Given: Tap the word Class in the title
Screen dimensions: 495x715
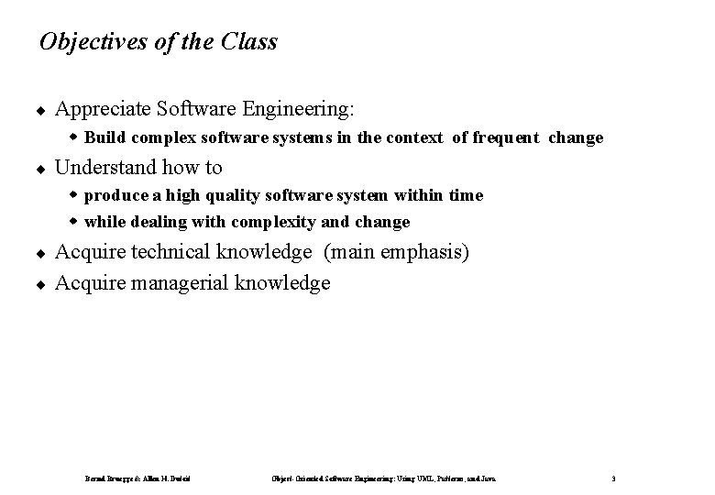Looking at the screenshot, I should coord(248,42).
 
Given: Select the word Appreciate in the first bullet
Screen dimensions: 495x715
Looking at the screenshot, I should coord(100,110).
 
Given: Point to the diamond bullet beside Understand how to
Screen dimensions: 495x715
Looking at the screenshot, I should coord(42,169).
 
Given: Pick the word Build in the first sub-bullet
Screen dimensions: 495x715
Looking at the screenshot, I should coord(104,138).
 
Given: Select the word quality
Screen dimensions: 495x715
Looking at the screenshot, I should coord(221,195).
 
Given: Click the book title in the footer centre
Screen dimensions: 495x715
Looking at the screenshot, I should coord(384,478).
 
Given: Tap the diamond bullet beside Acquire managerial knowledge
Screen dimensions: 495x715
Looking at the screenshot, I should coord(42,284).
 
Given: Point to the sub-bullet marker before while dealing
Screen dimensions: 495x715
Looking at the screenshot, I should coord(76,222).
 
